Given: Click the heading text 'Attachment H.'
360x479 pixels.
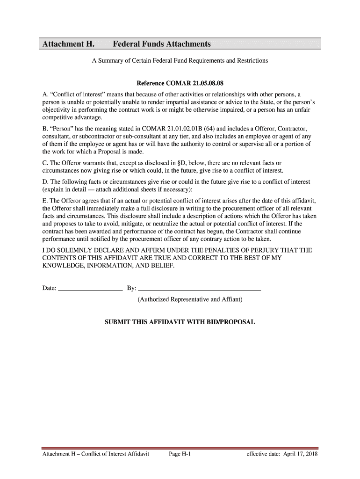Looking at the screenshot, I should click(x=68, y=44).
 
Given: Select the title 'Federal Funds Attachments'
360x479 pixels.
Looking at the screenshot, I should click(x=162, y=44).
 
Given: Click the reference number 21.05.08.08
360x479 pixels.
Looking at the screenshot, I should click(x=202, y=84).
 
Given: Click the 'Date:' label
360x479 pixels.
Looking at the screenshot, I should click(x=50, y=288).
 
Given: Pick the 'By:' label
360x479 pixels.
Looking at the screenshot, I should click(x=131, y=288).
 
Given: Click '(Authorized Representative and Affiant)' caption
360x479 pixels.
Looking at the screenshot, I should click(x=190, y=299).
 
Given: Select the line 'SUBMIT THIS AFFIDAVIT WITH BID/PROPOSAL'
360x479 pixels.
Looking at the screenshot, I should click(x=180, y=322).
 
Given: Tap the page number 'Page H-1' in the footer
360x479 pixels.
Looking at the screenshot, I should click(x=180, y=454).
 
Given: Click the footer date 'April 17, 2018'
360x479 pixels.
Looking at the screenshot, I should click(x=300, y=454).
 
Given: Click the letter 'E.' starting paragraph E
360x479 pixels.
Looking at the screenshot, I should click(x=45, y=201).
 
